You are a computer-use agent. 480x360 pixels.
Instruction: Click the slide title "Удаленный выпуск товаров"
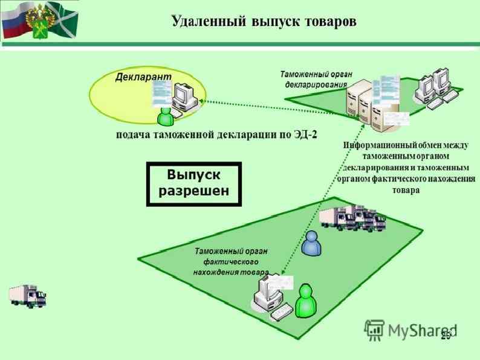(264, 21)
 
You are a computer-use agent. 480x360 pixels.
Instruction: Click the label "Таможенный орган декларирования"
(316, 79)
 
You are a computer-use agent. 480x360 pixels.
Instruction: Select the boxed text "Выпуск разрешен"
(193, 184)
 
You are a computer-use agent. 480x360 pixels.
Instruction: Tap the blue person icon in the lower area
(312, 244)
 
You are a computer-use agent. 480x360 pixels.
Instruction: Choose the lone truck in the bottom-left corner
(28, 296)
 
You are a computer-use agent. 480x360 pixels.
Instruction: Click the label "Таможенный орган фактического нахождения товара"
(231, 261)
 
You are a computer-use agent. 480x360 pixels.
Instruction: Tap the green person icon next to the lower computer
(307, 301)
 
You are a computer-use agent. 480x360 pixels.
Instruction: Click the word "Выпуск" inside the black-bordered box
(193, 175)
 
